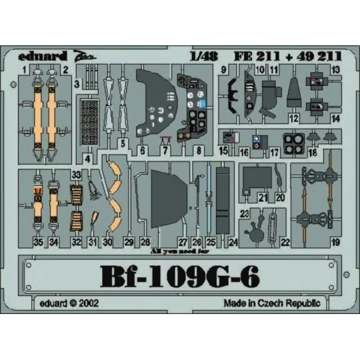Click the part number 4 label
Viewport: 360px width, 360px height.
(89, 159)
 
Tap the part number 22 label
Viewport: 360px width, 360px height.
(286, 243)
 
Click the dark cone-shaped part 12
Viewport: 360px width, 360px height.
(294, 96)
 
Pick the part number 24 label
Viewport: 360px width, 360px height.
(233, 243)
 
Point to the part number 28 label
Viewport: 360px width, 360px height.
(145, 243)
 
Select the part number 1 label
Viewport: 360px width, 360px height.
(25, 69)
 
